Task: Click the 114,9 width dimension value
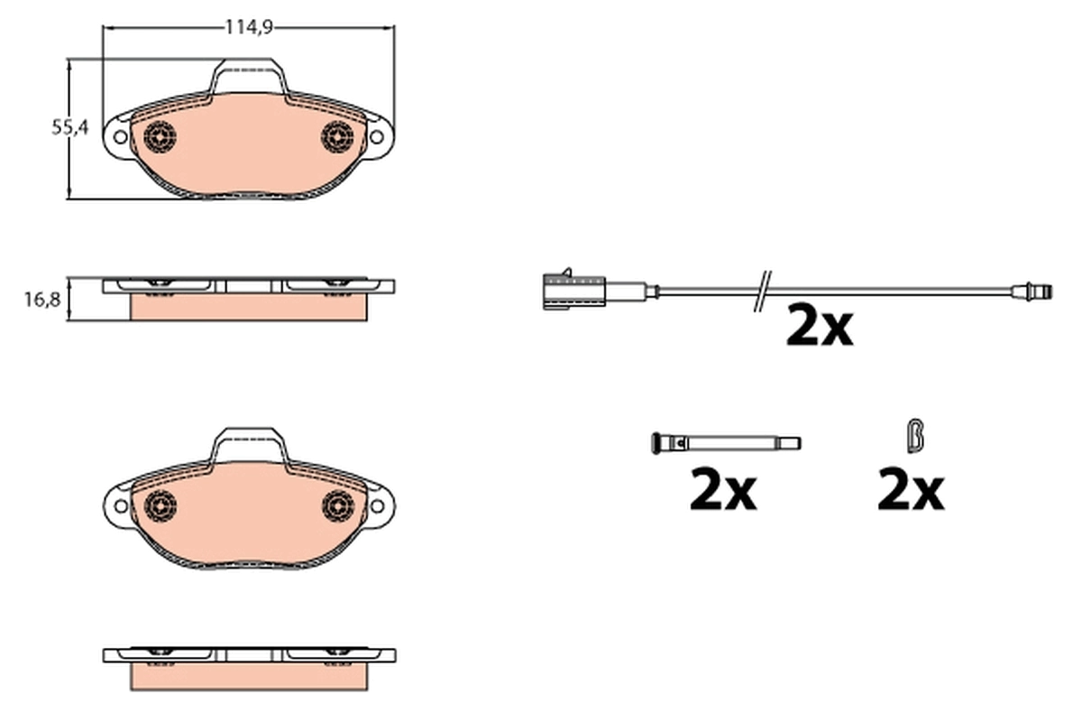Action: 248,28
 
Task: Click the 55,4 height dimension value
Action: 69,129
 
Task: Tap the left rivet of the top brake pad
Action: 160,137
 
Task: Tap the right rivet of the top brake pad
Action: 338,137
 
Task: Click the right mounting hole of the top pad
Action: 377,137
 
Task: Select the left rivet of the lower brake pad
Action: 160,506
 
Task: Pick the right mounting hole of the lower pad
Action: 377,506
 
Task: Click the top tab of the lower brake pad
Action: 249,441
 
